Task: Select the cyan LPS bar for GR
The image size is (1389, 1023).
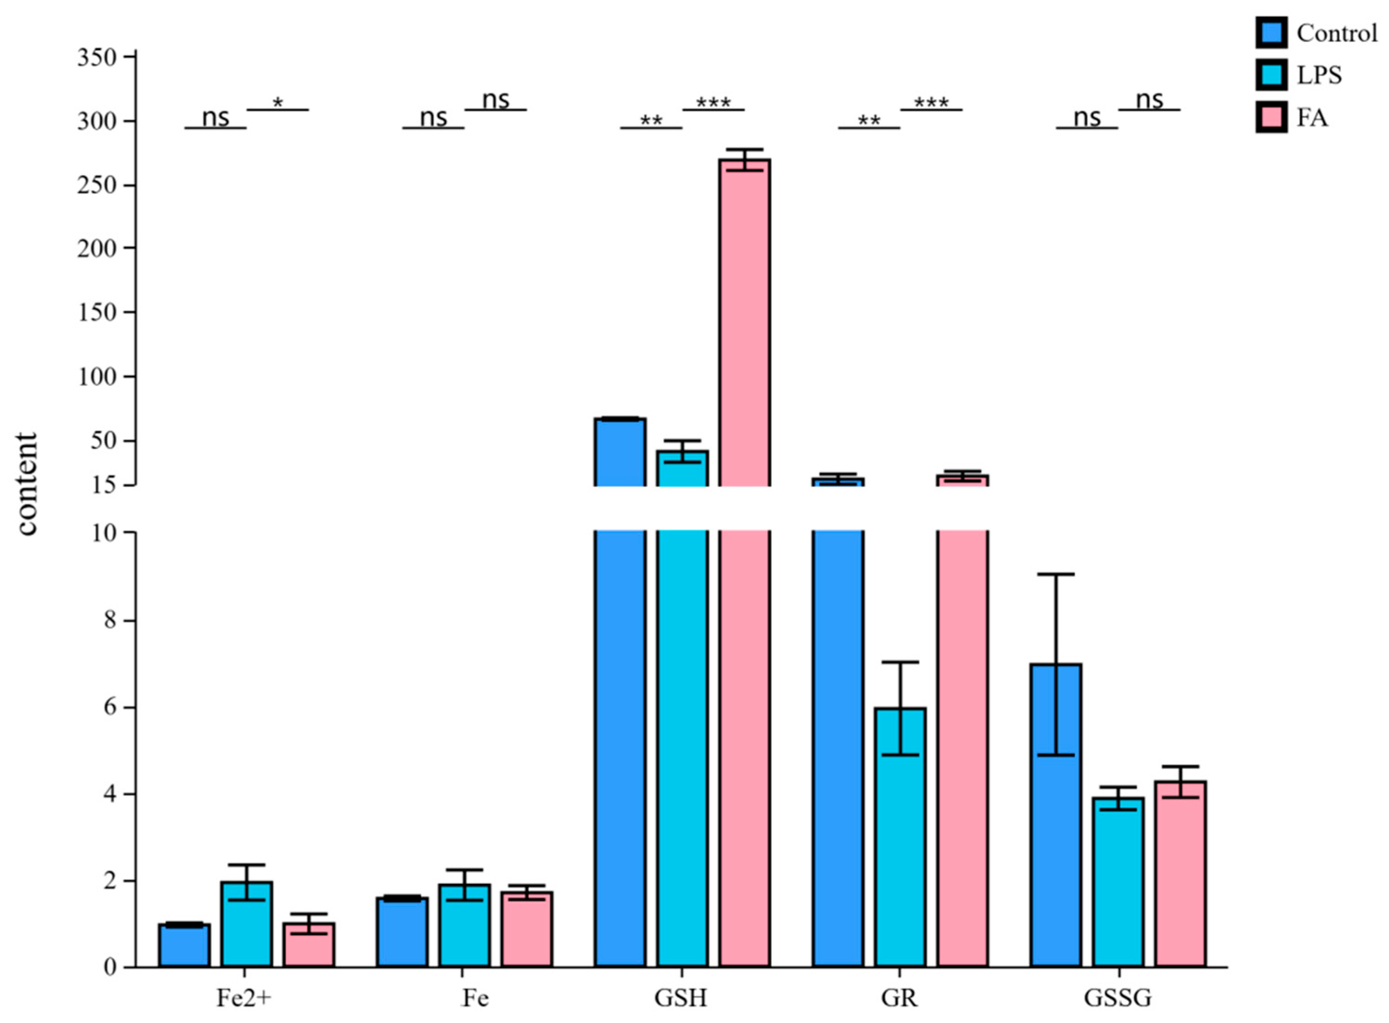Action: pos(900,836)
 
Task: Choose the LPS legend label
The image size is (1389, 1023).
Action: pos(1319,75)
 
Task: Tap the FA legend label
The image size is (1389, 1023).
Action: pos(1312,117)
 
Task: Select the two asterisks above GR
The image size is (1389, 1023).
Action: pos(869,120)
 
